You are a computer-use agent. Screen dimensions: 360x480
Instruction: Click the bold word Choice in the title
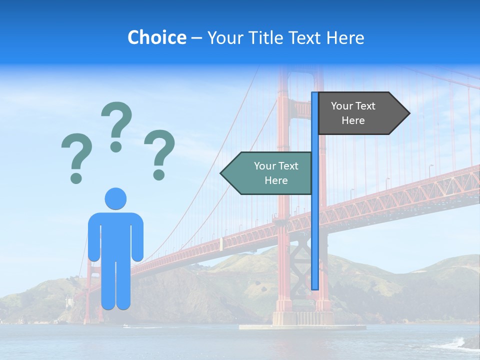156,38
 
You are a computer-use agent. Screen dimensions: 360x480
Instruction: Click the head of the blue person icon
115,198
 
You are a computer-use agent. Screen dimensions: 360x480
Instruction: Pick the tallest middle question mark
116,126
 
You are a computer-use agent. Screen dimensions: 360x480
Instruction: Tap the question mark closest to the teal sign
159,154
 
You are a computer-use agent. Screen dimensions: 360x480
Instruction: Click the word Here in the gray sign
353,120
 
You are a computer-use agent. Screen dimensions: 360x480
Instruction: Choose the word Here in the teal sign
276,180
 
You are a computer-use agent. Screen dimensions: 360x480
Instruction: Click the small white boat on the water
126,326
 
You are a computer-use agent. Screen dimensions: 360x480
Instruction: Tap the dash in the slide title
196,38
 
